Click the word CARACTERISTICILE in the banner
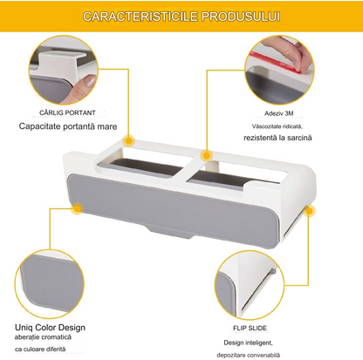coord(140,17)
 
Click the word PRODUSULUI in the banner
coord(241,17)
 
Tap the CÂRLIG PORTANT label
coord(67,112)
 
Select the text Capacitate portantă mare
coord(68,126)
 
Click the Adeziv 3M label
coord(278,113)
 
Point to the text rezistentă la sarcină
coord(277,138)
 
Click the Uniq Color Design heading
coord(50,328)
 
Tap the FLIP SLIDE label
coord(250,329)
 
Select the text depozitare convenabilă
coord(248,355)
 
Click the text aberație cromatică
coord(43,337)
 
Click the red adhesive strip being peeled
coord(276,62)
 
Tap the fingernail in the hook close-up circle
coord(90,80)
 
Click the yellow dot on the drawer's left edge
coord(78,208)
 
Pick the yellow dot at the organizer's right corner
coord(309,211)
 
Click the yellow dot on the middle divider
coord(206,156)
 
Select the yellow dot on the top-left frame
coord(128,141)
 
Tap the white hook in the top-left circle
coord(62,65)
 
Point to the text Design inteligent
coord(248,343)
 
